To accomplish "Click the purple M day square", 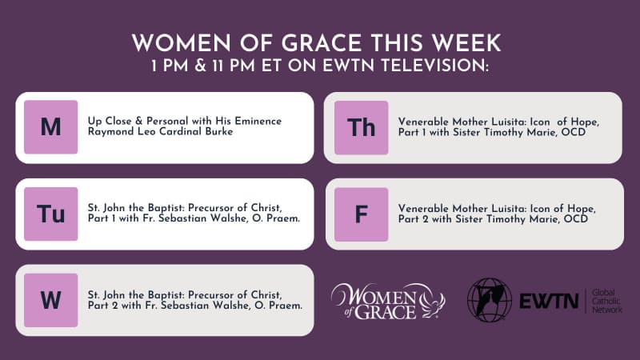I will [x=51, y=127].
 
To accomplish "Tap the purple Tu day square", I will [x=51, y=214].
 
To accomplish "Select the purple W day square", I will [x=51, y=300].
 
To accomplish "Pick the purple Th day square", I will [x=362, y=127].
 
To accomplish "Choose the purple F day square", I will [x=362, y=214].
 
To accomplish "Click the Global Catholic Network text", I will [x=606, y=301].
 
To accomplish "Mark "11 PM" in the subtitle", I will [x=235, y=66].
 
